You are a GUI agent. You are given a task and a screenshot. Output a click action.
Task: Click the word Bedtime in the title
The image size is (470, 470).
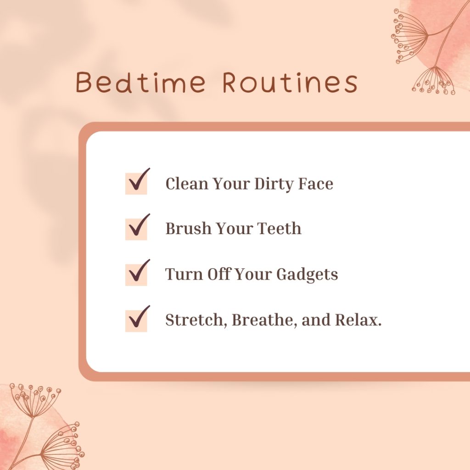pyautogui.click(x=140, y=83)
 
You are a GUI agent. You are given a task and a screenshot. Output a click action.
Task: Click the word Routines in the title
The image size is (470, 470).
pyautogui.click(x=290, y=83)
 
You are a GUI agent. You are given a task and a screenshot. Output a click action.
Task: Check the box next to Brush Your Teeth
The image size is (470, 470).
pyautogui.click(x=136, y=229)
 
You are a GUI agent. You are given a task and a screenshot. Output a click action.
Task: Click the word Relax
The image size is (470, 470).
pyautogui.click(x=358, y=320)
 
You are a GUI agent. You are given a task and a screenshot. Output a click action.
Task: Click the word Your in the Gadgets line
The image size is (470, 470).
pyautogui.click(x=254, y=274)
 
